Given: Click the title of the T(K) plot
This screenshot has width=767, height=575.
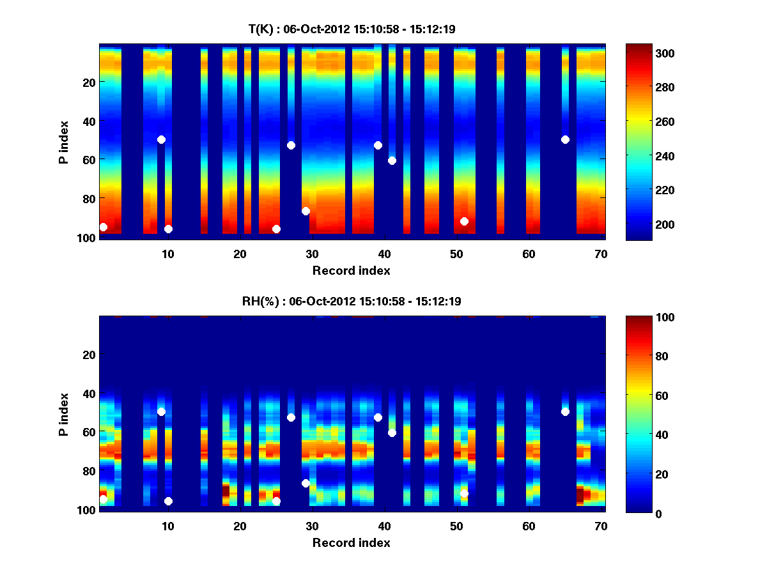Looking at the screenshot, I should coord(352,29).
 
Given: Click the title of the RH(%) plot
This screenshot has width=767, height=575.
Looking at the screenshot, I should coord(352,301).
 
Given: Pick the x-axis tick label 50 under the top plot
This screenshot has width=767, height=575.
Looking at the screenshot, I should coord(456,254).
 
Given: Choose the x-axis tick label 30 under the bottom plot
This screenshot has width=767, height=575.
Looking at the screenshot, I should coord(312,526).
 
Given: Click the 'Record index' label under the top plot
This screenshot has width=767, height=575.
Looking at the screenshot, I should coord(352,270).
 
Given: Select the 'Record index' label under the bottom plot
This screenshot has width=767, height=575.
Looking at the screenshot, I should coord(352,542).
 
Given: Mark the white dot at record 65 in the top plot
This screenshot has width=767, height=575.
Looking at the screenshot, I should coord(565,139).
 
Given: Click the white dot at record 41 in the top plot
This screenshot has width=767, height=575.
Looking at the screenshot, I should coord(392,160).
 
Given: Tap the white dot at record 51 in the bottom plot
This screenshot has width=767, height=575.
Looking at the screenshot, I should coord(464,493).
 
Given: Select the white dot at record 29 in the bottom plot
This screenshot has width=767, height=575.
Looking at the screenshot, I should coord(306,483).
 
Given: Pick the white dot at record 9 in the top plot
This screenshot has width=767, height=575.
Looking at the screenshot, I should coord(161,139).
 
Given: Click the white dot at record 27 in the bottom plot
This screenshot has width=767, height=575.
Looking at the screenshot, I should coord(291,417).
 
